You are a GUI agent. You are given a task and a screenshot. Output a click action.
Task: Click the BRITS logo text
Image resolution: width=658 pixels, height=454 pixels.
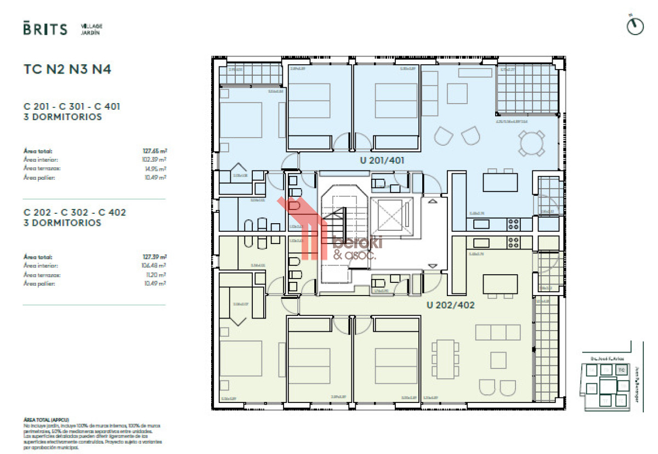46,29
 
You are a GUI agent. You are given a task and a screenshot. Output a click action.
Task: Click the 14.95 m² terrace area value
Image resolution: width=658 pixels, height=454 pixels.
157,168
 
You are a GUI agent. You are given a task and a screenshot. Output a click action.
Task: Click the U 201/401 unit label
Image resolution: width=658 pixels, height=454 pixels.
382,161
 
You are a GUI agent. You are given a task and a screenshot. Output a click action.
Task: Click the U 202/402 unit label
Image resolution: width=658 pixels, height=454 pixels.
450,305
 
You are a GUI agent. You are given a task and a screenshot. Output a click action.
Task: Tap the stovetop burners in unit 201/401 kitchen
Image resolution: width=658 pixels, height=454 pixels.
514,223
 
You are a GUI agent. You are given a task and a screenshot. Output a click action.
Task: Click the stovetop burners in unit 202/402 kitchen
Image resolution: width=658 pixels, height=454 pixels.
514,241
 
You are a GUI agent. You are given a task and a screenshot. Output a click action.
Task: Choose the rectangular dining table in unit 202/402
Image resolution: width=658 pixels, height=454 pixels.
445,359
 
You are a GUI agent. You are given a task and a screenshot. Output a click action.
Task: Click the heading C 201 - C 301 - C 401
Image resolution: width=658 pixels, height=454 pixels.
72,106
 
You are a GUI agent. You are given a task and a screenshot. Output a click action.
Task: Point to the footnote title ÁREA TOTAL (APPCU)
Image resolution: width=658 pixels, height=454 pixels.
47,419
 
